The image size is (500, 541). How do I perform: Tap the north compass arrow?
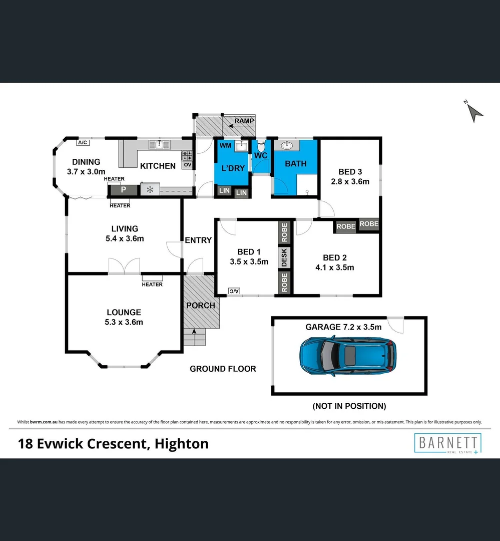(x=474, y=112)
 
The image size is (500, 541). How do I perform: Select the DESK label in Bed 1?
(x=284, y=257)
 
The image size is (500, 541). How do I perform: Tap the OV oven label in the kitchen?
(x=188, y=165)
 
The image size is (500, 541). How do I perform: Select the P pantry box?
(x=123, y=190)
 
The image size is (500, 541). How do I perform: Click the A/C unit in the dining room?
(x=83, y=143)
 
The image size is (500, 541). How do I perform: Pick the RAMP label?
(x=244, y=121)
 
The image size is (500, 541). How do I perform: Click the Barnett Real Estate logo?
(x=447, y=444)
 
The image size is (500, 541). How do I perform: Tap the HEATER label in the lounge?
(x=152, y=285)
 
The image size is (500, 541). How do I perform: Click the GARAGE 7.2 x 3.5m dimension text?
(x=343, y=327)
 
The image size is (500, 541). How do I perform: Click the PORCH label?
(x=200, y=306)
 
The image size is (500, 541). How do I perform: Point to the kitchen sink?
(x=160, y=145)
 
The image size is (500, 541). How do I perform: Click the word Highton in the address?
(x=182, y=444)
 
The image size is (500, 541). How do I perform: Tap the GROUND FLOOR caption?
(x=223, y=369)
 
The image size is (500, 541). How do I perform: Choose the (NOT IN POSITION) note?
(x=349, y=406)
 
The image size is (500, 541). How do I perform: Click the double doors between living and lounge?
(x=124, y=266)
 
